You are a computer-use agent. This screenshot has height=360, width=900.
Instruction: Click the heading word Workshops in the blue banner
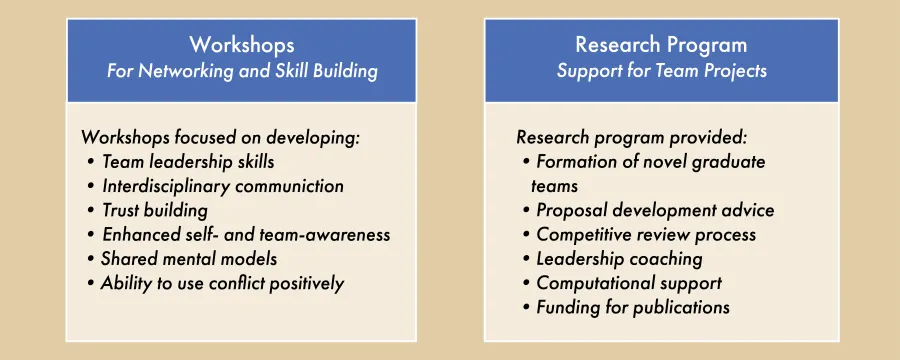242,45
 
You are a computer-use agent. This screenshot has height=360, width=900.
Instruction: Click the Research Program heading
661,45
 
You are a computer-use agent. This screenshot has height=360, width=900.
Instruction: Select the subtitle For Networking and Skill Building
242,71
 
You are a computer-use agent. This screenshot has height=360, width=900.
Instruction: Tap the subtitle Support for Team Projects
661,71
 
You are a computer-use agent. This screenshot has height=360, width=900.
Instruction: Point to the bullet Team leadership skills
187,161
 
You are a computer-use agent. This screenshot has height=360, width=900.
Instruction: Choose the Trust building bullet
154,210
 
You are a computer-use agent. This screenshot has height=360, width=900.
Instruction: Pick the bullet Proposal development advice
654,210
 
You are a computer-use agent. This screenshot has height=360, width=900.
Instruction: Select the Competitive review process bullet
646,235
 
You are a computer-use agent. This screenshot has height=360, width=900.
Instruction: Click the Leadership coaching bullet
619,259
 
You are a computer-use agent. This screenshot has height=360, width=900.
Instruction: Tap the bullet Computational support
629,283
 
